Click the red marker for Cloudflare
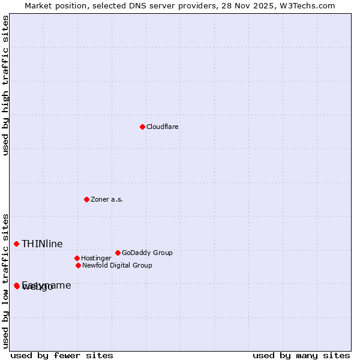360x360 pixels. (142, 127)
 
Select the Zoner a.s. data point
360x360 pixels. (86, 199)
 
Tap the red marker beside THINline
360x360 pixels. (16, 244)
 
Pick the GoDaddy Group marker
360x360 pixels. (118, 253)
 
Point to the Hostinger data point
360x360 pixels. (77, 258)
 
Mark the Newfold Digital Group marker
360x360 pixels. (78, 265)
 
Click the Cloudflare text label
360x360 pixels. (163, 127)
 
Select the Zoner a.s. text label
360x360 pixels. (107, 199)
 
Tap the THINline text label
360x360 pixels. (42, 244)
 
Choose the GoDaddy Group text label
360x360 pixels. (147, 253)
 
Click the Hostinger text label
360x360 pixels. (96, 258)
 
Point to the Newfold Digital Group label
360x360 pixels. (117, 265)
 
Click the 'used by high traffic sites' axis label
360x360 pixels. (5, 85)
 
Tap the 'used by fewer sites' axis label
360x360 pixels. (62, 355)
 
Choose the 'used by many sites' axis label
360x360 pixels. (301, 355)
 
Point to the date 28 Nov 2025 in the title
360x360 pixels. (254, 5)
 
